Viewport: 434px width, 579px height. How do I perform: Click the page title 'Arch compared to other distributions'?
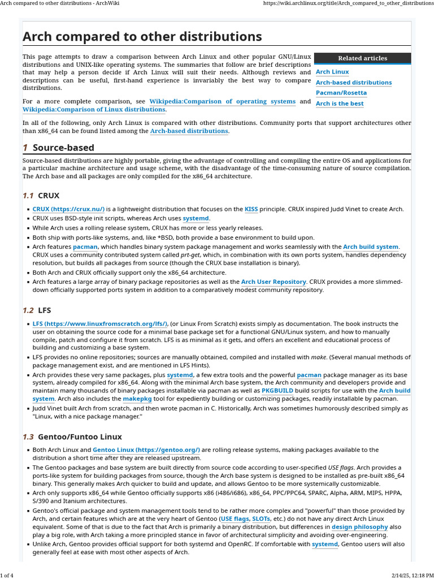click(142, 37)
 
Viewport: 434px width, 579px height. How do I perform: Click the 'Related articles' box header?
click(362, 58)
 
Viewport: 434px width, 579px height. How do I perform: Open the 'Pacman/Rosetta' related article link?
click(341, 93)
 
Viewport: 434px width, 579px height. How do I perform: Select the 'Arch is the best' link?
click(340, 103)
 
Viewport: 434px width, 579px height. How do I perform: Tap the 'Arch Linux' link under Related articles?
click(332, 72)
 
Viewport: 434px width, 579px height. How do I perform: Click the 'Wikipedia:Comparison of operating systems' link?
click(222, 102)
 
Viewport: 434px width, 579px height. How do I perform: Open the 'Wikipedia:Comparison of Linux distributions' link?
click(94, 110)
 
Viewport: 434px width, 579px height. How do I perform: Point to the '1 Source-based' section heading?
click(58, 148)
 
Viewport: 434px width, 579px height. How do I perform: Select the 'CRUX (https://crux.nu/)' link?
click(68, 209)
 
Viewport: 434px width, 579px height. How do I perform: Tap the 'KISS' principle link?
click(251, 209)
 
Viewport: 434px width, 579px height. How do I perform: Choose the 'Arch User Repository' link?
click(274, 282)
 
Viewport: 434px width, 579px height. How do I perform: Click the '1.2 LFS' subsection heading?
click(37, 310)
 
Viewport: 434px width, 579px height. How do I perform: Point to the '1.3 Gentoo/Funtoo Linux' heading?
click(72, 437)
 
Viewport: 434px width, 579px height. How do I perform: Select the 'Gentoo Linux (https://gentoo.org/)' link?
click(146, 450)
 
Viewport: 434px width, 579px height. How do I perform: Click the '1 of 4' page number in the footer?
click(8, 575)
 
